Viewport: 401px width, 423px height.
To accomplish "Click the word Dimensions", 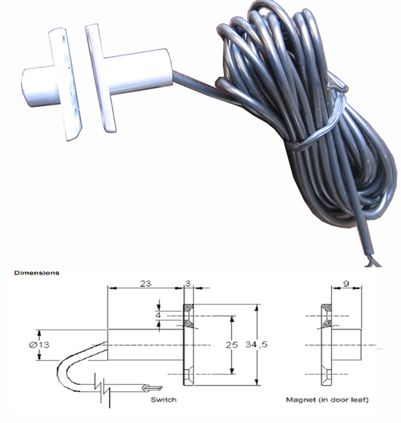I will (36, 273).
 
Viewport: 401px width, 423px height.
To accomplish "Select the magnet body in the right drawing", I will (348, 345).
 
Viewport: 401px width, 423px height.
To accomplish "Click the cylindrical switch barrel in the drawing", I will (144, 345).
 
